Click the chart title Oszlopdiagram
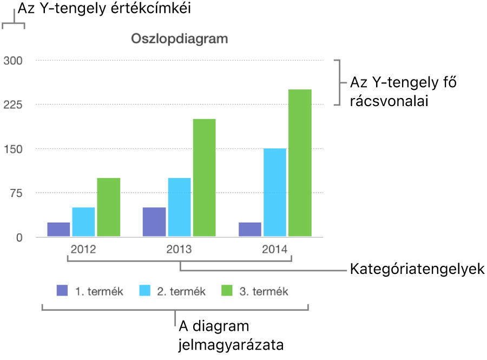[x=179, y=39]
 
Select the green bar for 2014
[x=300, y=162]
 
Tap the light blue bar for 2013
[x=179, y=207]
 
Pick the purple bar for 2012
[x=58, y=230]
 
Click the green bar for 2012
[x=109, y=207]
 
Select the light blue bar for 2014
[x=275, y=192]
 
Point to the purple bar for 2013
[x=154, y=222]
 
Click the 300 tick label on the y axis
[x=12, y=60]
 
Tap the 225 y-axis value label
[x=12, y=104]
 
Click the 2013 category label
[x=179, y=250]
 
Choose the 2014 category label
[x=275, y=250]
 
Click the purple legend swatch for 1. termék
[x=63, y=291]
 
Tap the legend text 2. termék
[x=181, y=291]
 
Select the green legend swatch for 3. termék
[x=228, y=291]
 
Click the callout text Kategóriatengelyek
[x=417, y=269]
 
